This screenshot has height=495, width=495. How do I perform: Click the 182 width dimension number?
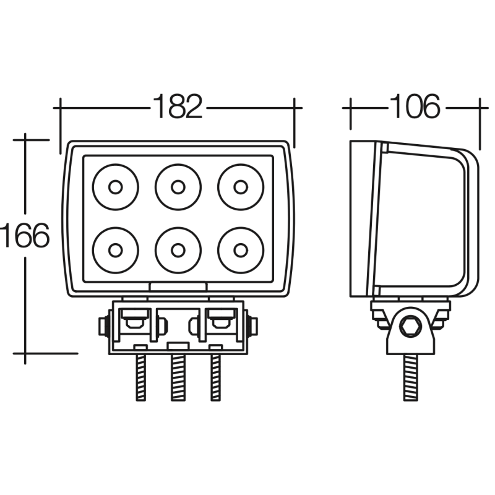[178, 106]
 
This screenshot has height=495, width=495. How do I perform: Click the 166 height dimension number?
[25, 235]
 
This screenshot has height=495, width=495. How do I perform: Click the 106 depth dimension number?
[415, 106]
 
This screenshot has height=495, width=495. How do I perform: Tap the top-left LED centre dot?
[115, 187]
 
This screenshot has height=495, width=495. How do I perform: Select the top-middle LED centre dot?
[178, 187]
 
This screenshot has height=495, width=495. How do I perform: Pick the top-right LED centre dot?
[241, 187]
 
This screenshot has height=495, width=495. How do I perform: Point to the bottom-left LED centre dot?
[115, 251]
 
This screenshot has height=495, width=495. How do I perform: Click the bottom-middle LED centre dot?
[178, 251]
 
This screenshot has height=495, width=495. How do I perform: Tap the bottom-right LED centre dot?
[241, 251]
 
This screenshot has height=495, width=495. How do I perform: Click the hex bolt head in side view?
[410, 326]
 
